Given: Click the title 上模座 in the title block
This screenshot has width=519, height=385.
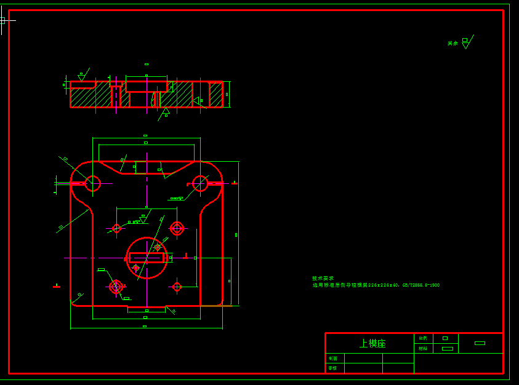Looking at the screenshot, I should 372,344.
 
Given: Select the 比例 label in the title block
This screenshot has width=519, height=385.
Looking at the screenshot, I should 423,338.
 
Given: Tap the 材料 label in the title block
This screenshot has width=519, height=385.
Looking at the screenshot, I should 423,349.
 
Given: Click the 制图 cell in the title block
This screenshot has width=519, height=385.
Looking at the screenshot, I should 333,358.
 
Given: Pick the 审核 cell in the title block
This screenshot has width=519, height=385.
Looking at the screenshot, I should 333,368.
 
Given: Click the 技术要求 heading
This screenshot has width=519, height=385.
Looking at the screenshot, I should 323,279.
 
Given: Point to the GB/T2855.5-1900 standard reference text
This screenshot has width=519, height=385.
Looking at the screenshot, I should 421,285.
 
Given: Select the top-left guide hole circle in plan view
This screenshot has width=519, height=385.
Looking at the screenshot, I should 93,183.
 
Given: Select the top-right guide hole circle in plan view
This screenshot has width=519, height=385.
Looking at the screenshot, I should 200,183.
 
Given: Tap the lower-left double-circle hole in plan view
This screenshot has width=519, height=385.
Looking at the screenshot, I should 116,287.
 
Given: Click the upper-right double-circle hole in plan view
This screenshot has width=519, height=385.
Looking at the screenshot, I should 177,229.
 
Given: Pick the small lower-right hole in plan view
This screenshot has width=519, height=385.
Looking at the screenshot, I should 177,287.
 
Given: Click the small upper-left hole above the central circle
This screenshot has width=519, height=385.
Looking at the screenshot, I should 116,229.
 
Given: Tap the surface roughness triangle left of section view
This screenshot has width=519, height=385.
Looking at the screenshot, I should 81,77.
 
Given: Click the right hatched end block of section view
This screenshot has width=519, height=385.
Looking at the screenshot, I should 215,94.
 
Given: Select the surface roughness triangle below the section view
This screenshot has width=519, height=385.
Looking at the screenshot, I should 165,111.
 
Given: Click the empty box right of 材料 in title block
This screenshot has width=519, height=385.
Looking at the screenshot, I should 448,349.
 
